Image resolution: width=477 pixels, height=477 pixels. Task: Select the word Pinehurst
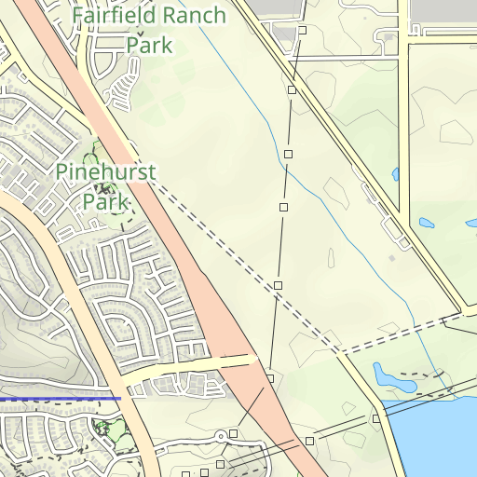106,172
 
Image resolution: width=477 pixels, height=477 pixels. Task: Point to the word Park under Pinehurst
105,200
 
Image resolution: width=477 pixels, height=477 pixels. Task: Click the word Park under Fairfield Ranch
149,44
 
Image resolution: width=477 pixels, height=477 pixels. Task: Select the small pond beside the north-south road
427,224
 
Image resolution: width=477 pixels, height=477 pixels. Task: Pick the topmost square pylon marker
303,31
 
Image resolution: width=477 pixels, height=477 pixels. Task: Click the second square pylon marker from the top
292,90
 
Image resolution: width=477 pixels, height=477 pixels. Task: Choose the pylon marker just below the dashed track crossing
278,284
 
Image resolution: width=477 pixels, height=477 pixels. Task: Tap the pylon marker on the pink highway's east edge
269,379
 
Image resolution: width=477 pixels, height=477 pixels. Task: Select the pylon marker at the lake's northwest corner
376,418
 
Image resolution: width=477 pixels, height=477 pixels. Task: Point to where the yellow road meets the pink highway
252,358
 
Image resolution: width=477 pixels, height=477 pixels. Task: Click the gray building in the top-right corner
443,9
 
